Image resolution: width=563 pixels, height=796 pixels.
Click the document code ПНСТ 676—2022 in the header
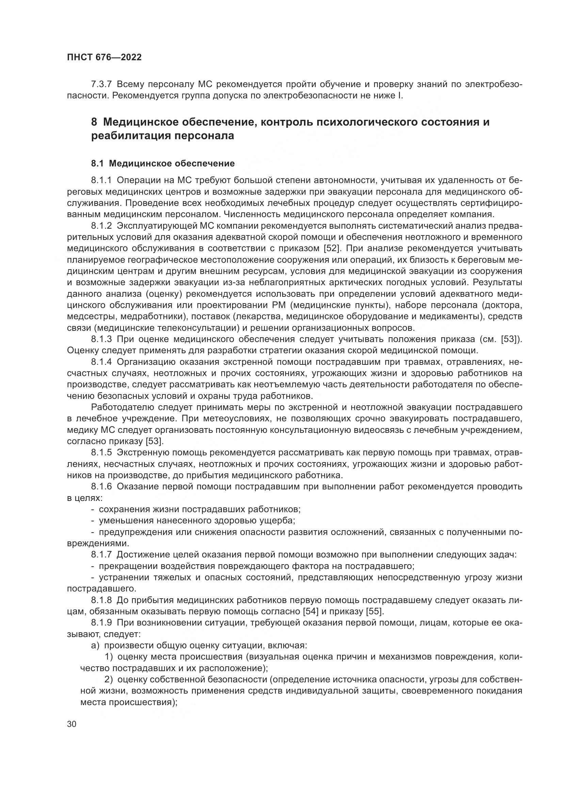tap(104, 58)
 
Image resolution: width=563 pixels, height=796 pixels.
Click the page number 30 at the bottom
tap(71, 724)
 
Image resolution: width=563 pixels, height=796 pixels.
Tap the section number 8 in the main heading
tap(94, 123)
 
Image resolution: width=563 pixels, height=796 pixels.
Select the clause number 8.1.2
tap(101, 226)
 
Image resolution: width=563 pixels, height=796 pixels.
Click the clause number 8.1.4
tap(101, 362)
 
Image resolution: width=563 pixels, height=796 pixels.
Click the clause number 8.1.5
tap(101, 453)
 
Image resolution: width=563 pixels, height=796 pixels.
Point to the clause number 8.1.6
tap(101, 487)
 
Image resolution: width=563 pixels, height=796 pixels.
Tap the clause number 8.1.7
tap(101, 555)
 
